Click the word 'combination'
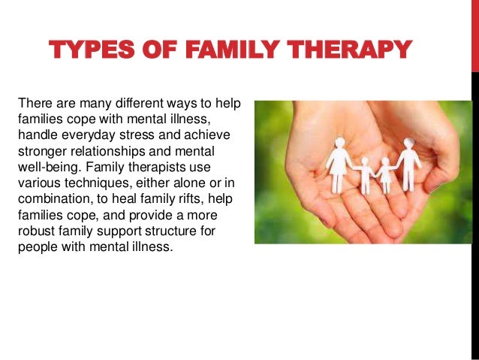(x=53, y=198)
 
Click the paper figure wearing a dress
(x=339, y=165)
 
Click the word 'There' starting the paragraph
(x=34, y=103)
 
